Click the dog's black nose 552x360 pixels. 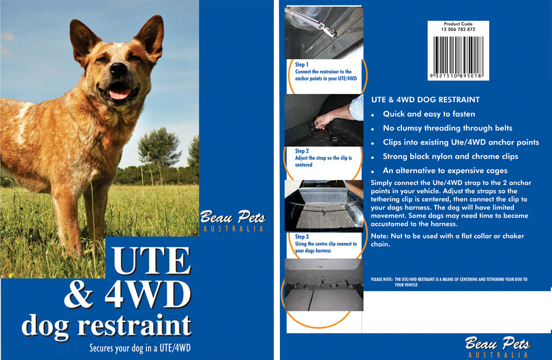[x=118, y=68]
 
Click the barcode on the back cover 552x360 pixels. [x=459, y=52]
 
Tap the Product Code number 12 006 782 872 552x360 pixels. [x=459, y=29]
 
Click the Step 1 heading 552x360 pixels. [x=302, y=65]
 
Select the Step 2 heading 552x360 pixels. [x=302, y=151]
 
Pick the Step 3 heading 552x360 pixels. [x=302, y=237]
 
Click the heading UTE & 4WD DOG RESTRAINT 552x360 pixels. [x=425, y=100]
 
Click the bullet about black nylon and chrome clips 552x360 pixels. [x=450, y=156]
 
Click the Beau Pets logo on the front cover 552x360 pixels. [x=232, y=218]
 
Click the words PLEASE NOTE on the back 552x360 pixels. [x=381, y=280]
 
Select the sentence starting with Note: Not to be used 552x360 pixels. [x=447, y=240]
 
